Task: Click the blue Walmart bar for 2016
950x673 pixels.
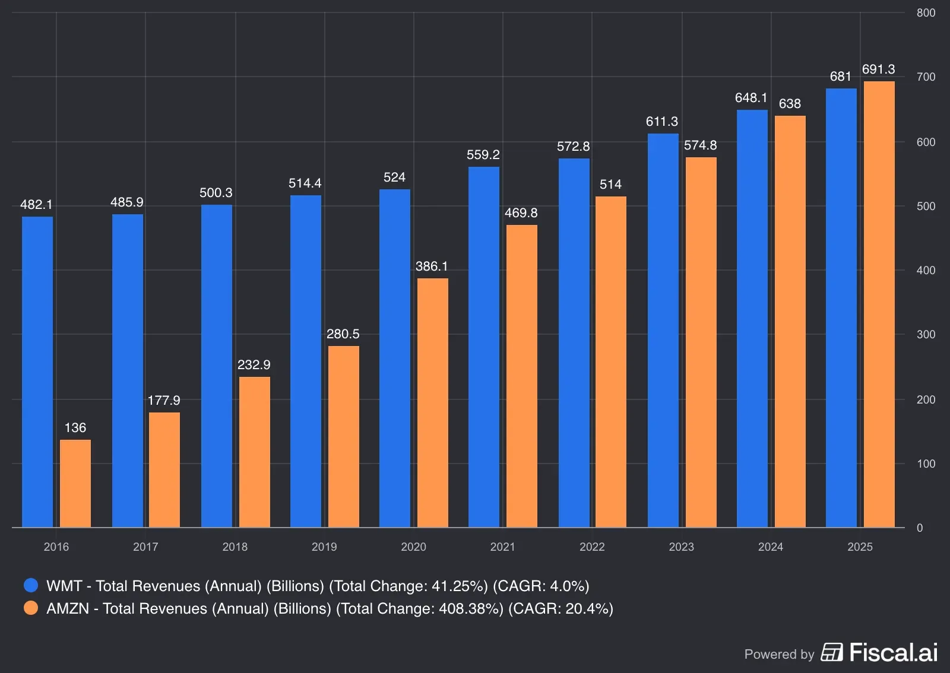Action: (37, 372)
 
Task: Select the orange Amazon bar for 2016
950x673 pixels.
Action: (75, 483)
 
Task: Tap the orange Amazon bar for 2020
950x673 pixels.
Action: (432, 402)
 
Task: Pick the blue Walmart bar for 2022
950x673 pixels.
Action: (574, 342)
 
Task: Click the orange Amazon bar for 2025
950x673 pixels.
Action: (879, 304)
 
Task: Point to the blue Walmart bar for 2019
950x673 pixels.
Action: (306, 361)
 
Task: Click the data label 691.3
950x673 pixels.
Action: (878, 69)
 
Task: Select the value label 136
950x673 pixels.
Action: (75, 428)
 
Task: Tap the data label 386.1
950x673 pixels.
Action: (432, 266)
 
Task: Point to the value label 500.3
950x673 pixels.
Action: (216, 193)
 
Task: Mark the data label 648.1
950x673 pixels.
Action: (751, 98)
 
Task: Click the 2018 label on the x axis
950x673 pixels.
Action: (235, 547)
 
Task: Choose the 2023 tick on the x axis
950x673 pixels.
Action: (681, 547)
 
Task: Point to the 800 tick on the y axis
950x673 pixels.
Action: (926, 13)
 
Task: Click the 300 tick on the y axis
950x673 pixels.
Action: (926, 335)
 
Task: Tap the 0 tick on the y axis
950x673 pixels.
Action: (920, 528)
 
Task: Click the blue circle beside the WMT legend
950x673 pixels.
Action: (31, 586)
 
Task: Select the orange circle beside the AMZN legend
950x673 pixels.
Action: (31, 608)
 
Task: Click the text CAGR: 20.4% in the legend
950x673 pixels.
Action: (560, 608)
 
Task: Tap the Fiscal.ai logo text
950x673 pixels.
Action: (893, 653)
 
